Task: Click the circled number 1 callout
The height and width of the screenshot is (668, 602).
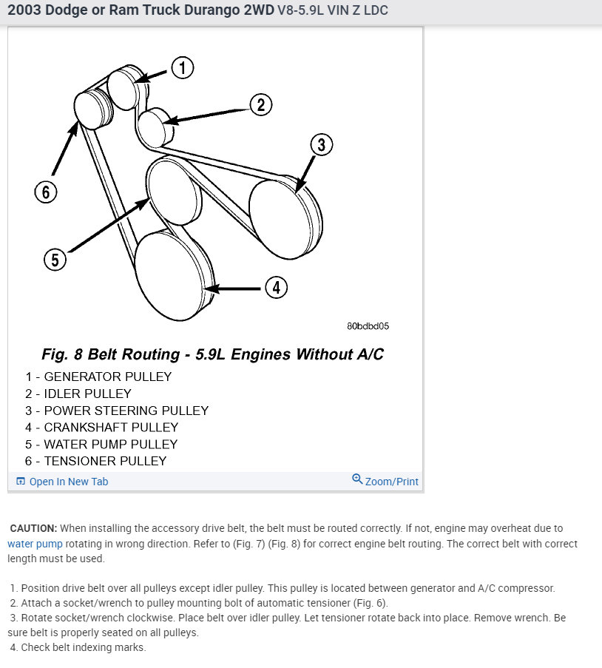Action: (x=182, y=68)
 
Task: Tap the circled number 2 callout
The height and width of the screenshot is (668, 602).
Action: (x=260, y=105)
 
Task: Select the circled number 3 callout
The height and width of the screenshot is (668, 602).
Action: (x=321, y=144)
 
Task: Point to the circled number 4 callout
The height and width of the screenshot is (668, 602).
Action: (x=276, y=287)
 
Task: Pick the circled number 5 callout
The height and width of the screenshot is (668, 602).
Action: (x=55, y=260)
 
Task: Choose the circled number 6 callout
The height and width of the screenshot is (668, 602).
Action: (x=45, y=192)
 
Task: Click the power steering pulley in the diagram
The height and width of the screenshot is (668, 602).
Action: (x=285, y=217)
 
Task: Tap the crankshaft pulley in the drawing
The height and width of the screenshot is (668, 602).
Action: (x=172, y=271)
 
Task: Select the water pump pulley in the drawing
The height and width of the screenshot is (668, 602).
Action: (x=173, y=194)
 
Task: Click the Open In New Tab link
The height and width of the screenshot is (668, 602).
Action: (x=68, y=482)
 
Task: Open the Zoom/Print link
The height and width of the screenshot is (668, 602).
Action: (x=391, y=482)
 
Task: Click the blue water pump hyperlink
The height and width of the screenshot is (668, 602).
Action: (x=35, y=544)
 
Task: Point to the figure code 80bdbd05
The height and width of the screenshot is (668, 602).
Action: (x=368, y=325)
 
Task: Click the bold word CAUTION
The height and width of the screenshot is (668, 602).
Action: (x=33, y=528)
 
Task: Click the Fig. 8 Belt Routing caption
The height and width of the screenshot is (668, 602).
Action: (x=212, y=354)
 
